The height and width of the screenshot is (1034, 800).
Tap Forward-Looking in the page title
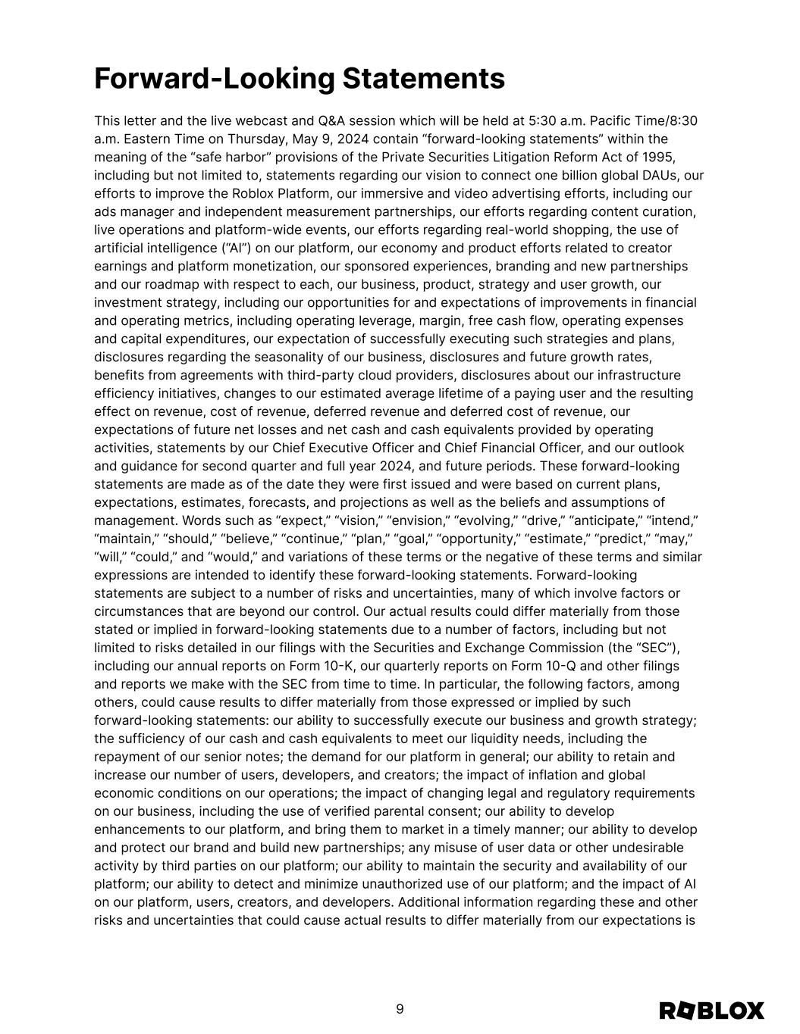pos(215,79)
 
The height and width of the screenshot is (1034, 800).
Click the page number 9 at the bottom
pos(400,1009)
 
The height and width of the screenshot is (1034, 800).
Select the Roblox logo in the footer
pos(711,1011)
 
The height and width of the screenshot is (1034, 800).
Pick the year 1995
pos(657,158)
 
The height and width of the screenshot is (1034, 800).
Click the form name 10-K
pos(331,667)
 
